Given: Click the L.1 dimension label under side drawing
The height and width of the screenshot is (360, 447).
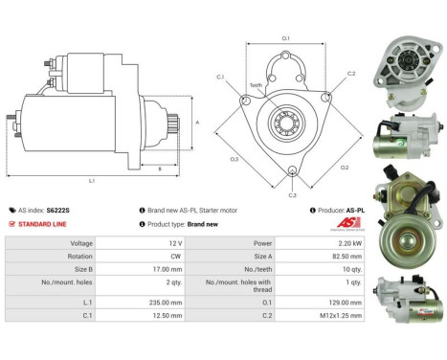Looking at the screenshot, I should tap(92, 181).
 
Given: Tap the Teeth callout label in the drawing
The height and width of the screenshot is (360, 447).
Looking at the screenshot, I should tap(256, 85).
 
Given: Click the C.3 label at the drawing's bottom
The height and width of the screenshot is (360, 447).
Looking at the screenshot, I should tap(292, 194).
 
